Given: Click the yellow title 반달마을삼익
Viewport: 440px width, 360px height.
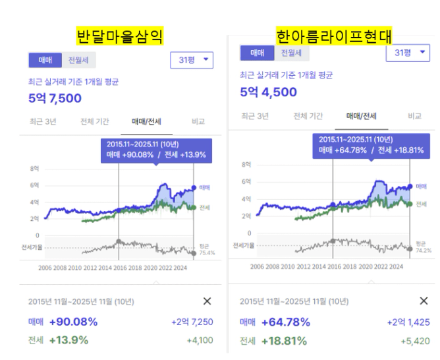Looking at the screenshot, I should (x=119, y=35).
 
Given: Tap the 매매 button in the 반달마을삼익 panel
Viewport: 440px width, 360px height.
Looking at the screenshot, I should (x=45, y=60).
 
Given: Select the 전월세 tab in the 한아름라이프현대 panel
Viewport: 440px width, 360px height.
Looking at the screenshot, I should (x=291, y=53).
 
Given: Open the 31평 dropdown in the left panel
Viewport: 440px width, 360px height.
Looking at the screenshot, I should (x=192, y=61).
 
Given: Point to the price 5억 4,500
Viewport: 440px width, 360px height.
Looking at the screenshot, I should (x=268, y=92).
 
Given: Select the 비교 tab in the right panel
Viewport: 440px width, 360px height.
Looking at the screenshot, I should (x=414, y=116).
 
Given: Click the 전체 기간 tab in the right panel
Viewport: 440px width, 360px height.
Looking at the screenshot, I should (x=308, y=116).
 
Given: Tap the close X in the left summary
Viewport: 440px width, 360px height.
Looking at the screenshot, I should (x=207, y=301).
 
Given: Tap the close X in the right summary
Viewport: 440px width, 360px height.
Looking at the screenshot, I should (x=424, y=301).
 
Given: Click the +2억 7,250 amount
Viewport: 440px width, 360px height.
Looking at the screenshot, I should (x=192, y=322).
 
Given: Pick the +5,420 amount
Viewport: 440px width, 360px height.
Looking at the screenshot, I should (x=414, y=342).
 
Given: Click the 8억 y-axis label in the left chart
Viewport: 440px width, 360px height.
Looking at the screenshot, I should (x=35, y=169).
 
